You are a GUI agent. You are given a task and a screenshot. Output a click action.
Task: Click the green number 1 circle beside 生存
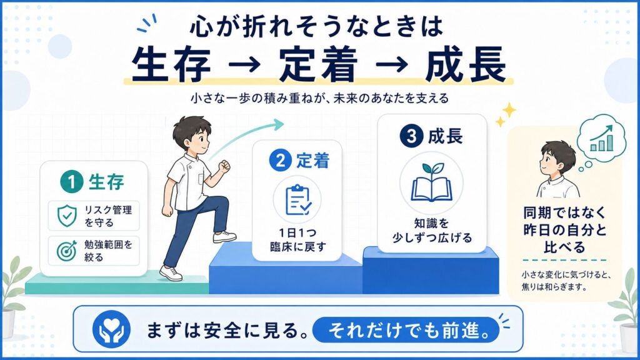72,182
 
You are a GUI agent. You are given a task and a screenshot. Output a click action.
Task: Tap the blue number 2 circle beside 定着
281,160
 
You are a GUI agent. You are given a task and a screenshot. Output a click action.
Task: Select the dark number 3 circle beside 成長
411,136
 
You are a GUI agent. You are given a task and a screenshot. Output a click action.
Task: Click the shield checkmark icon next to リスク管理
67,216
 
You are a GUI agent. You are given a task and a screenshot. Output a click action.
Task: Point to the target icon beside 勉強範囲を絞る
66,251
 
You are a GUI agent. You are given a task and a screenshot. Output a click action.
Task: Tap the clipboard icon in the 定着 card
298,199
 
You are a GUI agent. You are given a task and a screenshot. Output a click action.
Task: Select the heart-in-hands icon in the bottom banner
111,329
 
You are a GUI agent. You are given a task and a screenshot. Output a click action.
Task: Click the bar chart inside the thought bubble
602,138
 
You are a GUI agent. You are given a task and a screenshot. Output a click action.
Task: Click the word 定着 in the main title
318,64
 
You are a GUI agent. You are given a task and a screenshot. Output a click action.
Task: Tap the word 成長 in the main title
466,64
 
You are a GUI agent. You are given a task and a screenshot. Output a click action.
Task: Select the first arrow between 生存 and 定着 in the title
244,64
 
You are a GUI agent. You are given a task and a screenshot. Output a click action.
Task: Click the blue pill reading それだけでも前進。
406,330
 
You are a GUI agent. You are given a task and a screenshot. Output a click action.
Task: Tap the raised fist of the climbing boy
224,166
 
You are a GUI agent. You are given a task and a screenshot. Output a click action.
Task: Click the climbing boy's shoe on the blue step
224,237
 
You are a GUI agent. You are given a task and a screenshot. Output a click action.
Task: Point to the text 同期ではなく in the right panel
564,212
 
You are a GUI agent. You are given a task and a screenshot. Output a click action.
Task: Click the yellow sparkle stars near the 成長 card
506,114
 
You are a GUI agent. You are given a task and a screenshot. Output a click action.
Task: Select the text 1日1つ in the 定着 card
297,233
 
